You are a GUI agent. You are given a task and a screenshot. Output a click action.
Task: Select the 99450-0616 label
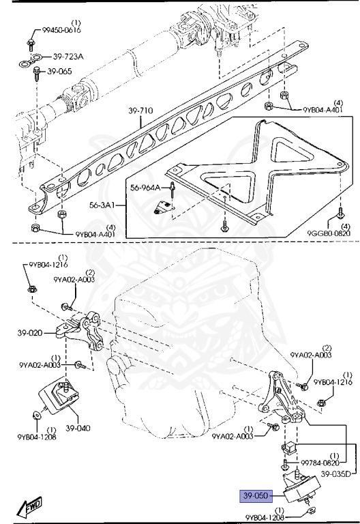tap(52, 31)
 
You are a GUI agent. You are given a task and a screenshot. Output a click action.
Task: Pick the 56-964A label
tap(145, 188)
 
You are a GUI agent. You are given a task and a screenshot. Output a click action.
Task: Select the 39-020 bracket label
tap(30, 334)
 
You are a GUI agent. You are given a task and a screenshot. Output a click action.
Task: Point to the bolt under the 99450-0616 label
tap(31, 45)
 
